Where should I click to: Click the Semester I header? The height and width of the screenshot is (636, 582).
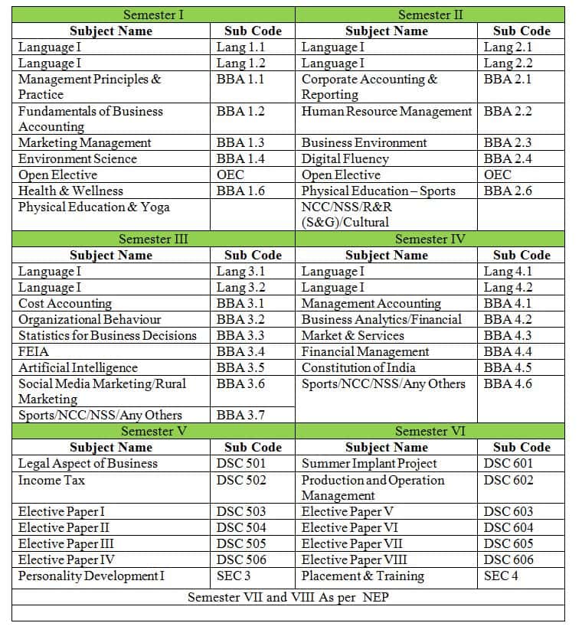[x=153, y=15]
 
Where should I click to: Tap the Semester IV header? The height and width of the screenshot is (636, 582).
[x=430, y=239]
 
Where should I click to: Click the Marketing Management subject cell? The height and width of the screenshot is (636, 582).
[x=85, y=143]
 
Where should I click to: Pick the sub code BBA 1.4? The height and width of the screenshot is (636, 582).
[x=240, y=159]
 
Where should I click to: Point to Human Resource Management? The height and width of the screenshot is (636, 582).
[x=387, y=112]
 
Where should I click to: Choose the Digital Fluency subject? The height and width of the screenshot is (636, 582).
[x=345, y=159]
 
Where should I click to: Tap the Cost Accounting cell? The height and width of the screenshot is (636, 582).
[x=65, y=304]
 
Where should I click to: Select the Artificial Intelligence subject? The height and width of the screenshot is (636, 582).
[x=78, y=368]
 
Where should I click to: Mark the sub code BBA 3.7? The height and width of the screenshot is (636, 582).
[x=240, y=416]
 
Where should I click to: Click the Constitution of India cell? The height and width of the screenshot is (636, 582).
[x=358, y=368]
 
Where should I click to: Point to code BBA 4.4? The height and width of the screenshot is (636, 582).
[x=508, y=352]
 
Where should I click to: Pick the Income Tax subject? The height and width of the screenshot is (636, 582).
[x=51, y=481]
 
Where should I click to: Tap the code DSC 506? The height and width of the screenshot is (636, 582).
[x=241, y=560]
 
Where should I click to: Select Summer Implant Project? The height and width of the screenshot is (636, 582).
[x=369, y=464]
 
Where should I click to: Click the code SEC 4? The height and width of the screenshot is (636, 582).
[x=501, y=576]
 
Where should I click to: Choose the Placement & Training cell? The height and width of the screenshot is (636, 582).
[x=362, y=576]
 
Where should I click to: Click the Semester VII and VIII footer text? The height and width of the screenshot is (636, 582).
[x=288, y=597]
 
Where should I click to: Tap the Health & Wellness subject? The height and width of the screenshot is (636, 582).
[x=70, y=191]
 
